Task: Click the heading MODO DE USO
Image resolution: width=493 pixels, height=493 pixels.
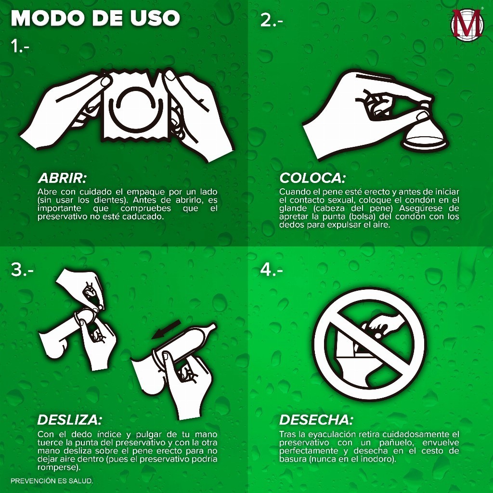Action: (x=95, y=18)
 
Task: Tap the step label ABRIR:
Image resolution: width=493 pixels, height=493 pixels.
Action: (x=62, y=178)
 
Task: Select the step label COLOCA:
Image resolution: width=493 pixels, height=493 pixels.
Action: (x=312, y=178)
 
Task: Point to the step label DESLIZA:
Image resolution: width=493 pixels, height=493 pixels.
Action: (x=69, y=420)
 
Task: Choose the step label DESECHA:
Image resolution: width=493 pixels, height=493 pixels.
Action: (x=316, y=420)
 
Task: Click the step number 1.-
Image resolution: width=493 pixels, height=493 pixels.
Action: (x=20, y=46)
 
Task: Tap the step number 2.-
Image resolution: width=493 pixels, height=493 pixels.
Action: (x=272, y=20)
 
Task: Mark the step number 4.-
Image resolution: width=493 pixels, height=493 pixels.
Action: (x=272, y=270)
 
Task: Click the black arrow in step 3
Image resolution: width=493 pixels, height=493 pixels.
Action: (x=166, y=330)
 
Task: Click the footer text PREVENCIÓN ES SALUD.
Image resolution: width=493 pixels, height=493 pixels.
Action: (x=52, y=481)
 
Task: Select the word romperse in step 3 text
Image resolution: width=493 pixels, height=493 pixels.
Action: (x=58, y=467)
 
